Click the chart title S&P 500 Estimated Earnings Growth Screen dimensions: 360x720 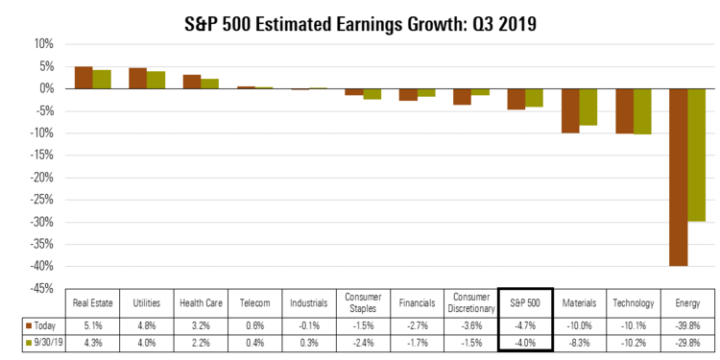pyautogui.click(x=360, y=18)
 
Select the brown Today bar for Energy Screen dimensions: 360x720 pyautogui.click(x=679, y=177)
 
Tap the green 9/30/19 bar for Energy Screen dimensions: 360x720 pyautogui.click(x=697, y=155)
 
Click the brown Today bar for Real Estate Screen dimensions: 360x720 pyautogui.click(x=84, y=78)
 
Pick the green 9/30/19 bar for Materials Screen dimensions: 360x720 pyautogui.click(x=588, y=107)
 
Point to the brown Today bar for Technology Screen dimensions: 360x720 pyautogui.click(x=625, y=110)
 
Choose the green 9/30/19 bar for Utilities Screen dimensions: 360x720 pyautogui.click(x=156, y=80)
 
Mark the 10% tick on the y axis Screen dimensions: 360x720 pyautogui.click(x=42, y=44)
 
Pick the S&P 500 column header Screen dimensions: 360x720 pyautogui.click(x=525, y=301)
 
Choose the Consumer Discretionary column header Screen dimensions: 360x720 pyautogui.click(x=470, y=301)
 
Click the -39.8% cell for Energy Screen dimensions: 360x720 pyautogui.click(x=687, y=324)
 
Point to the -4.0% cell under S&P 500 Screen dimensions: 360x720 pyautogui.click(x=525, y=342)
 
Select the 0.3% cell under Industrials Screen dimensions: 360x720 pyautogui.click(x=309, y=342)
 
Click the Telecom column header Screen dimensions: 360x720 pyautogui.click(x=254, y=301)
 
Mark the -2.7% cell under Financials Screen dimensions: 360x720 pyautogui.click(x=417, y=324)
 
